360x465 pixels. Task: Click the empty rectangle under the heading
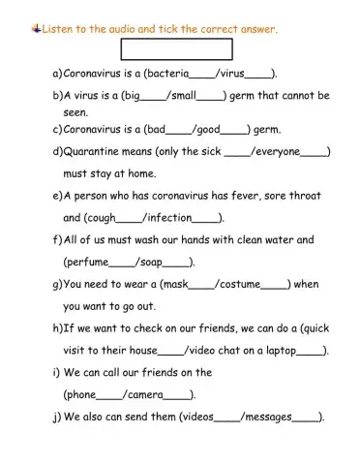(176, 49)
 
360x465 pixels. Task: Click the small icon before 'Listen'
(36, 29)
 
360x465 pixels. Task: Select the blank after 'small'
(212, 96)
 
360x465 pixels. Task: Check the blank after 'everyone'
(315, 152)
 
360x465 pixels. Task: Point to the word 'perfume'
(88, 263)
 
